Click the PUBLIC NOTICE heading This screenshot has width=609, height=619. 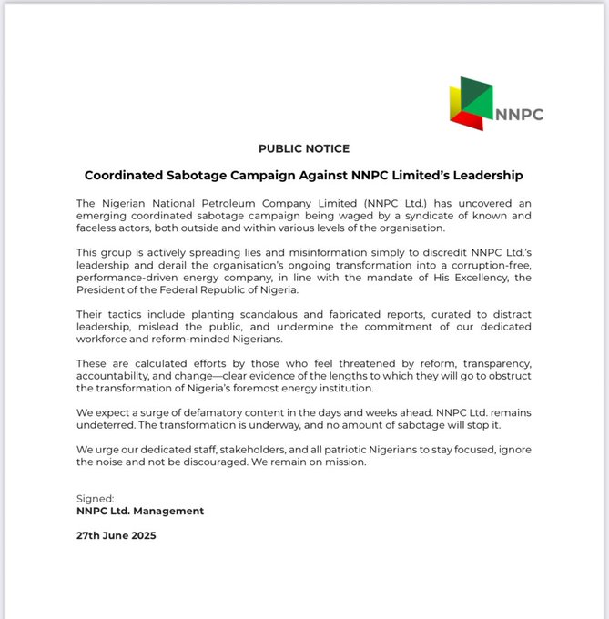pyautogui.click(x=304, y=148)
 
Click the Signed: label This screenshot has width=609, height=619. pyautogui.click(x=96, y=499)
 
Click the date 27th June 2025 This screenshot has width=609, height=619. pyautogui.click(x=116, y=535)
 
